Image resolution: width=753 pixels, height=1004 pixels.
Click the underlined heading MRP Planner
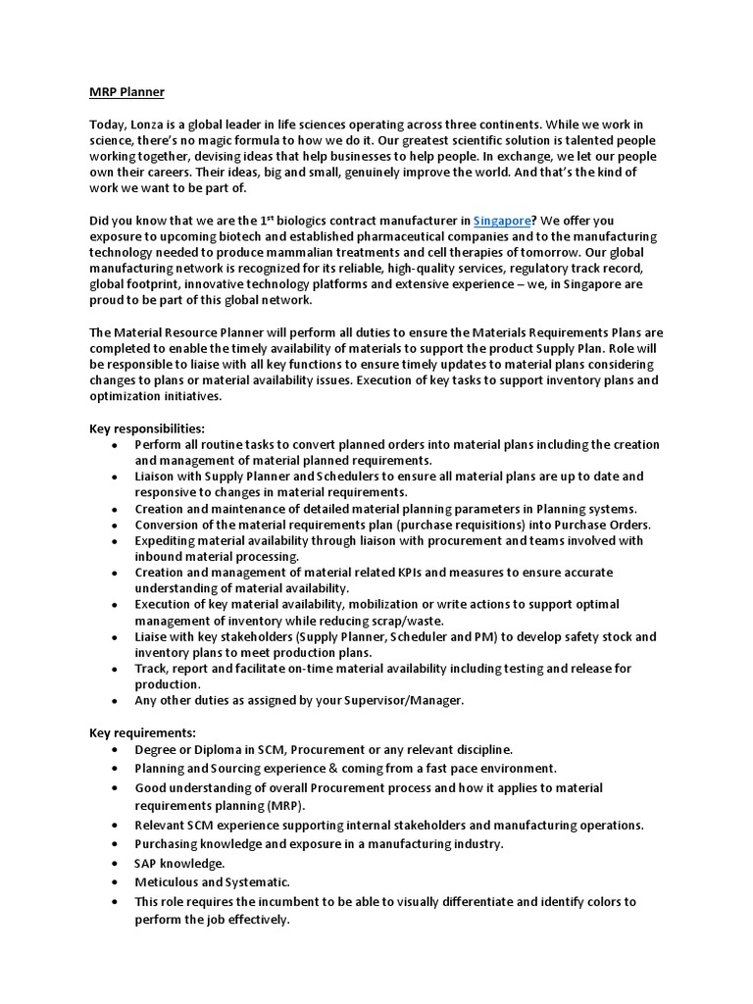pyautogui.click(x=126, y=92)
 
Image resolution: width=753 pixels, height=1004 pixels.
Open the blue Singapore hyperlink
pyautogui.click(x=504, y=221)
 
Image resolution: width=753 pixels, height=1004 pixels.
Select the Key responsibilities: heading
pyautogui.click(x=147, y=428)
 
